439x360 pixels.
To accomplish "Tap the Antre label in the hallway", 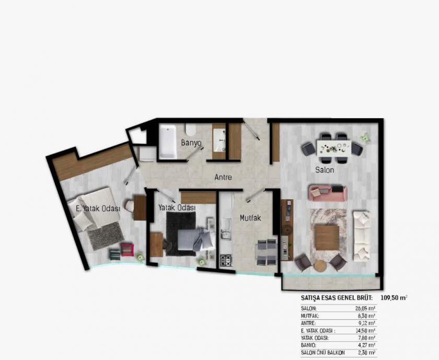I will click(x=223, y=177).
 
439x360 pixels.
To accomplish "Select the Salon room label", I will click(x=324, y=170).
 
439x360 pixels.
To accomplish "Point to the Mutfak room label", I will click(x=250, y=218).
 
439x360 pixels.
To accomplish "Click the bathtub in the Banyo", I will click(x=167, y=141).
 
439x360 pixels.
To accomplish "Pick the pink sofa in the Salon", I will click(x=328, y=193).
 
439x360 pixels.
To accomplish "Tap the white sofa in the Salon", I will click(x=361, y=236).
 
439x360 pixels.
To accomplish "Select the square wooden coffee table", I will click(x=328, y=238).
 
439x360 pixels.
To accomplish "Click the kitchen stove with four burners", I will click(x=226, y=260).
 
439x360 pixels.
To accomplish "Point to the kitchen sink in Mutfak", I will click(x=225, y=225).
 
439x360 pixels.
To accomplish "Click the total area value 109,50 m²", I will click(x=392, y=298).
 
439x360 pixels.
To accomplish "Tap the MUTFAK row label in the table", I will click(x=310, y=316).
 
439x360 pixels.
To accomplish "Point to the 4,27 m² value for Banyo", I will click(x=365, y=345).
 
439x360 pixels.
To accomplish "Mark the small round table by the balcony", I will click(x=320, y=265).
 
